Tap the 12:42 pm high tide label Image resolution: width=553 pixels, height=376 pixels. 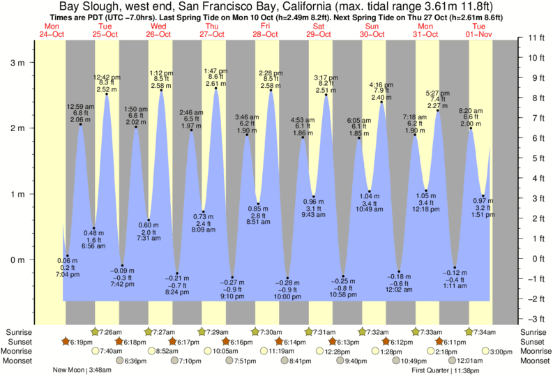click(106, 83)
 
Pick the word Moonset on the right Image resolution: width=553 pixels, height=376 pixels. click(533, 361)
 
